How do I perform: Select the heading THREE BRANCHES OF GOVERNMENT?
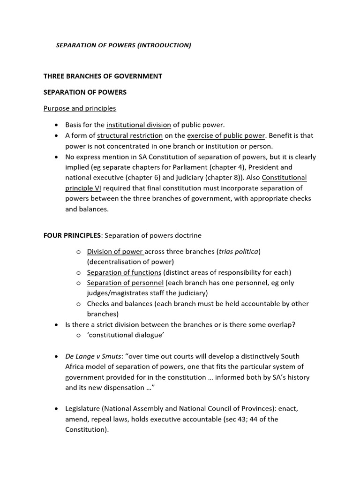point(103,76)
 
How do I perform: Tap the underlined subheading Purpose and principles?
point(80,108)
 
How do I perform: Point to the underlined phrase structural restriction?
point(130,135)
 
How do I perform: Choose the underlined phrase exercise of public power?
point(226,135)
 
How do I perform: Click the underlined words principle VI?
point(83,188)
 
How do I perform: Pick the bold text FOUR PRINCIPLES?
point(72,235)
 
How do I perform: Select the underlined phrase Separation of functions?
point(124,272)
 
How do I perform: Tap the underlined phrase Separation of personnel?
point(125,283)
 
